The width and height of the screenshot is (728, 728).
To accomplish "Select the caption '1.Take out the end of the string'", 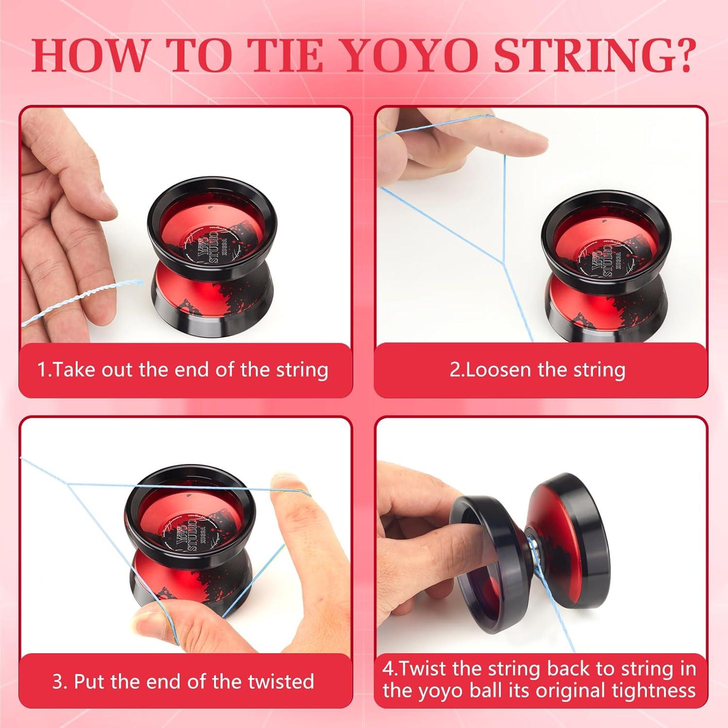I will coord(183,370).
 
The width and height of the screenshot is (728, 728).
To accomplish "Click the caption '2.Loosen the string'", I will coord(537,370).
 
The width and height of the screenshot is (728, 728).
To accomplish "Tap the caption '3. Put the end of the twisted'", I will coord(183,681).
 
